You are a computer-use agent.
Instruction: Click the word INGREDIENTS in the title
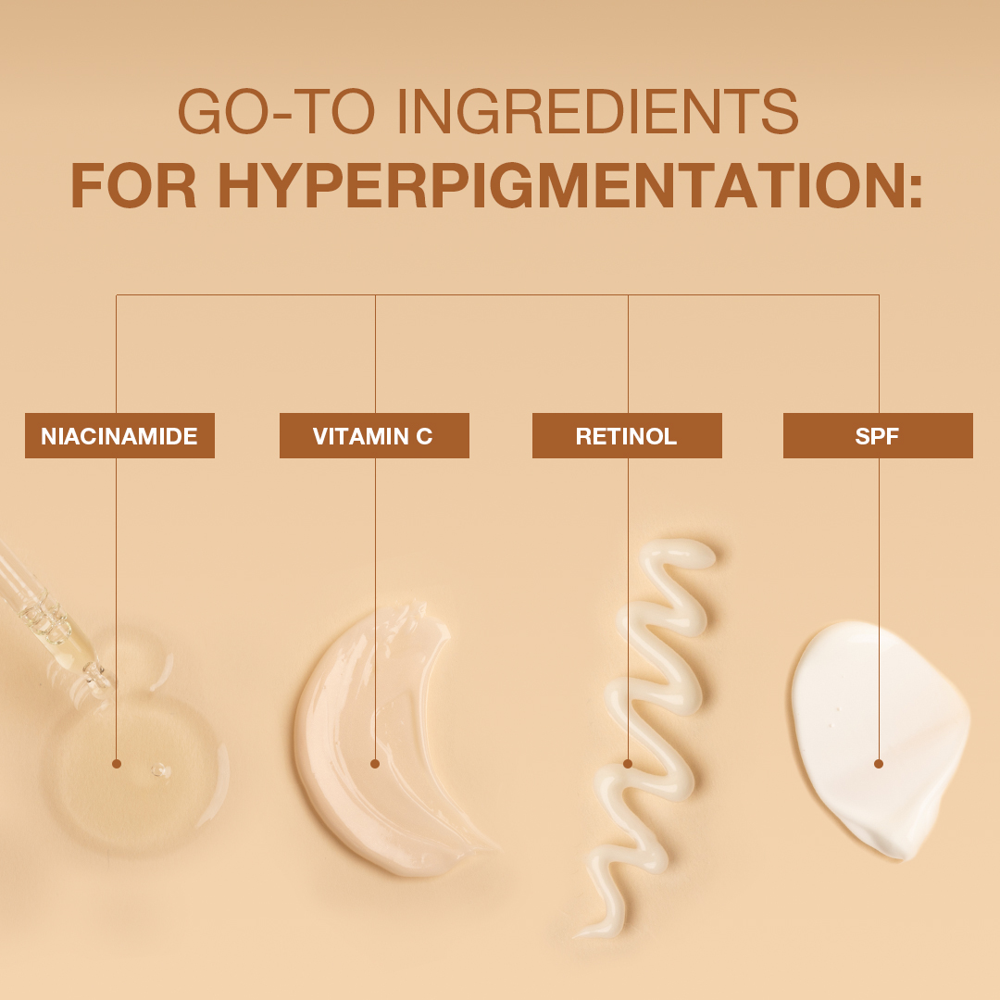pos(597,111)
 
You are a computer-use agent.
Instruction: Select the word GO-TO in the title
pos(276,111)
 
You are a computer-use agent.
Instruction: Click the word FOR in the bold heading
pos(133,185)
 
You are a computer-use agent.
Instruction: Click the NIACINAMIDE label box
pos(119,435)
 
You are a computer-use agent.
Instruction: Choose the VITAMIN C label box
pos(374,435)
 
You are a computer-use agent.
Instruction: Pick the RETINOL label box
pos(627,435)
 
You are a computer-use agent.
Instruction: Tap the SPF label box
pos(878,435)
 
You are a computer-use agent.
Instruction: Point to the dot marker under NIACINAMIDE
pos(116,763)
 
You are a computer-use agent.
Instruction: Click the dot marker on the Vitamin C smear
pos(375,763)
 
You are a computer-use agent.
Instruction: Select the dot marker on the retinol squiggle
pos(628,763)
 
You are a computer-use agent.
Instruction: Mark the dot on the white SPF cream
pos(879,763)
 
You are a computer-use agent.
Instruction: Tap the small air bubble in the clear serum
pos(159,769)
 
